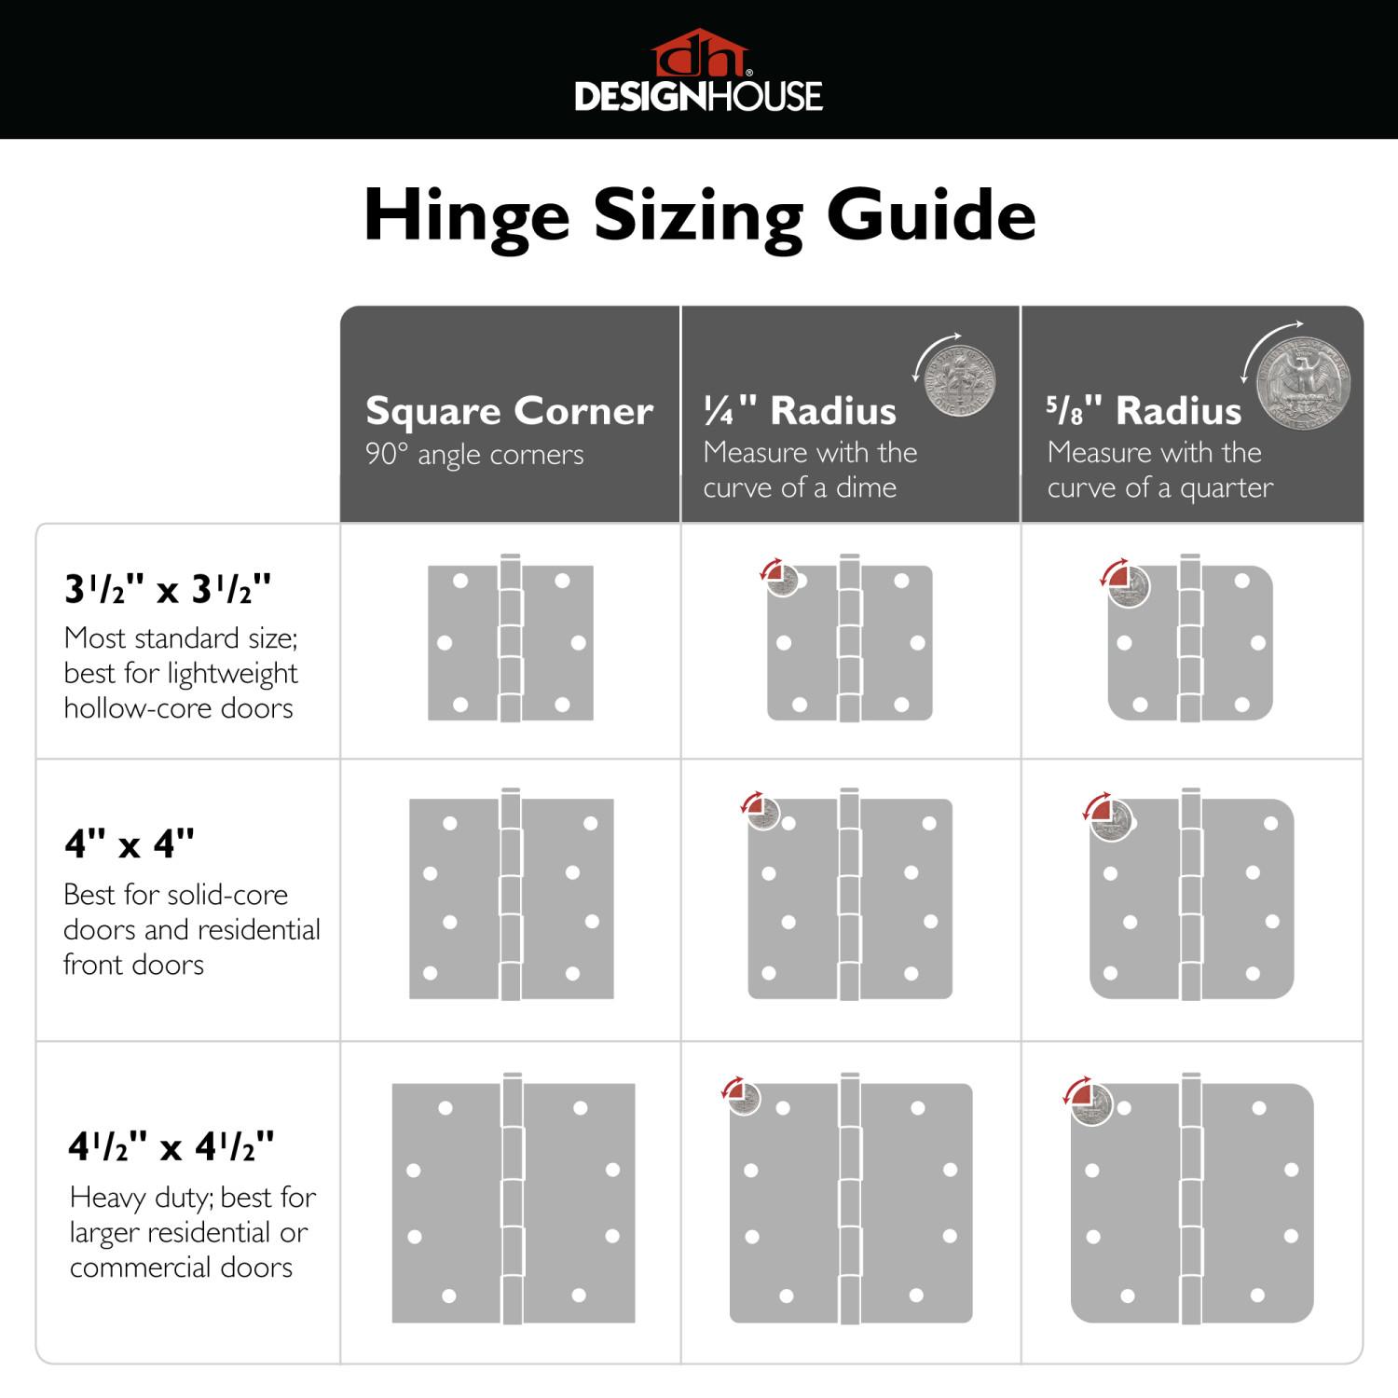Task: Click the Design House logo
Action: pyautogui.click(x=698, y=72)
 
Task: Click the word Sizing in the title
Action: pyautogui.click(x=697, y=216)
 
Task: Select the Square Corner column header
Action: pyautogui.click(x=509, y=411)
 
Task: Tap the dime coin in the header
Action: pyautogui.click(x=960, y=380)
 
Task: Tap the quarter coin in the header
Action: pyautogui.click(x=1302, y=383)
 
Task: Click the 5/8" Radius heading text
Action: pyautogui.click(x=1144, y=410)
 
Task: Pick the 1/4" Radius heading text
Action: pyautogui.click(x=800, y=410)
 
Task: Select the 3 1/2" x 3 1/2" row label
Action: pyautogui.click(x=168, y=589)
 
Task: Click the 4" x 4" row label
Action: pyautogui.click(x=130, y=843)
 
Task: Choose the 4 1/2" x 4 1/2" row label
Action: pyautogui.click(x=171, y=1146)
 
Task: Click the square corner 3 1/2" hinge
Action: pyautogui.click(x=511, y=642)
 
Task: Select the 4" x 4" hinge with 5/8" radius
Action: pyautogui.click(x=1191, y=898)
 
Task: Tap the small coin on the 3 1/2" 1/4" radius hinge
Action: pyautogui.click(x=783, y=581)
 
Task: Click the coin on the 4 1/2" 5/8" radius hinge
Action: pyautogui.click(x=1091, y=1104)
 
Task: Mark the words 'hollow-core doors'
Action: pyautogui.click(x=178, y=708)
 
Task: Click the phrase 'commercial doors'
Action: pyautogui.click(x=181, y=1268)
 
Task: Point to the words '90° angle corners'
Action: pyautogui.click(x=474, y=455)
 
